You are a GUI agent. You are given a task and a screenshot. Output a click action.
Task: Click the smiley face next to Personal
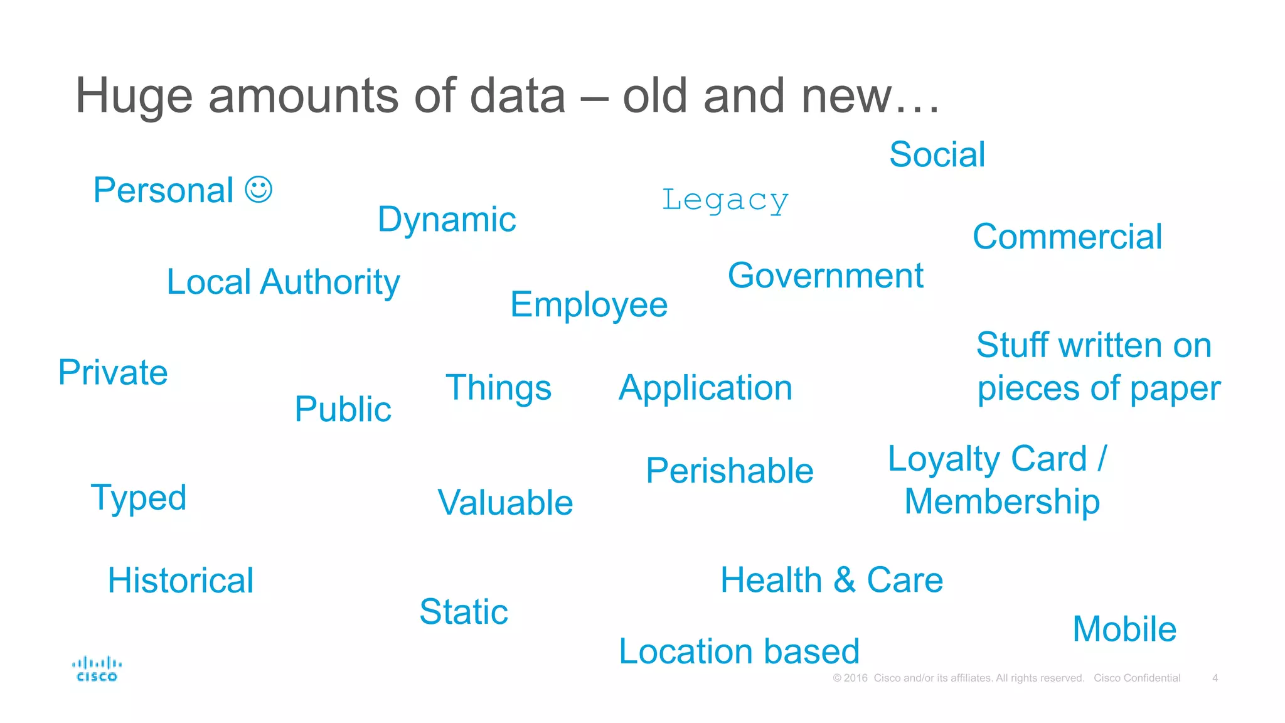259,189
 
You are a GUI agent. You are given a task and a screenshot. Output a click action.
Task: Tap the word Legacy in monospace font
725,201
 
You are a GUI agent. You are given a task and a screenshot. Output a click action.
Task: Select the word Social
937,154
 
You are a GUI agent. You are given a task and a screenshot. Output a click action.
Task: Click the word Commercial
1067,237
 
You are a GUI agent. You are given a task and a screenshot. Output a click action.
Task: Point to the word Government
826,276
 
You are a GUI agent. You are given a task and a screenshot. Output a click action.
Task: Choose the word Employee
589,305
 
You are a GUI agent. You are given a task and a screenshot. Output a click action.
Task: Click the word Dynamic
447,220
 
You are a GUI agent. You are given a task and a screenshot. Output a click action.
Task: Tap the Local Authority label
283,282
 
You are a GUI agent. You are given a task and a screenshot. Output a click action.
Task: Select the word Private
113,372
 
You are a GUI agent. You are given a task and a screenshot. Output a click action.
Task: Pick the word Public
343,409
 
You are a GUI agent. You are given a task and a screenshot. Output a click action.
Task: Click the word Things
498,388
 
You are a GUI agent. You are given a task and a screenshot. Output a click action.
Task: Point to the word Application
706,388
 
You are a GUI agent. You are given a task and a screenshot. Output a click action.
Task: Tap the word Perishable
730,471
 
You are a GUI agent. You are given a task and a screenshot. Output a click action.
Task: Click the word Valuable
505,503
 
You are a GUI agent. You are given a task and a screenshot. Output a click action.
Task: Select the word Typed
139,498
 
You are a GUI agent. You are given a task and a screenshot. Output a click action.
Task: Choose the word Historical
181,580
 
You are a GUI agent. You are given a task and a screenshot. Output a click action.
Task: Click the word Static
464,612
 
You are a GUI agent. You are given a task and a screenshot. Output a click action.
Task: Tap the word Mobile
1124,629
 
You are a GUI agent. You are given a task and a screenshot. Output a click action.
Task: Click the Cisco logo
97,669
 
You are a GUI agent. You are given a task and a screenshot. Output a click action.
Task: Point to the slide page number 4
1215,678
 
